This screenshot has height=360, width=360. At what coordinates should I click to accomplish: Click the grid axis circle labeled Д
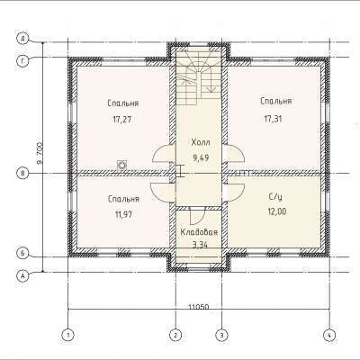pos(22,39)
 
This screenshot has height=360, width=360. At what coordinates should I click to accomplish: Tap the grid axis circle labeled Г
pos(22,61)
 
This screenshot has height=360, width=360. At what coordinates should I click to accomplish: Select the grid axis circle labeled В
pos(22,174)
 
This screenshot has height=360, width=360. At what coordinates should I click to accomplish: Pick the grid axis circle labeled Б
pos(22,253)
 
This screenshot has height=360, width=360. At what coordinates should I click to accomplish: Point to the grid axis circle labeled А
pos(22,275)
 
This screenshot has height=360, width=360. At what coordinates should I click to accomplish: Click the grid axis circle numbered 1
pos(68,335)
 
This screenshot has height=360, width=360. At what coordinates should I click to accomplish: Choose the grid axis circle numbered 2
pos(175,335)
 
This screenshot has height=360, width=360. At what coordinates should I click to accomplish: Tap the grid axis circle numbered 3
pos(222,335)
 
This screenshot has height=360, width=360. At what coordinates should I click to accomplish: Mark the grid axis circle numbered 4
pos(329,335)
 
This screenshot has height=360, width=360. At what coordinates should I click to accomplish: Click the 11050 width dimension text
pos(199,307)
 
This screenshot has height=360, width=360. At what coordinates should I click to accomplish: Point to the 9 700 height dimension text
pos(40,153)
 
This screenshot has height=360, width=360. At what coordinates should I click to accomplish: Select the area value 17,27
pos(122,120)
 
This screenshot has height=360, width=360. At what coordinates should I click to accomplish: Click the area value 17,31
pos(273,119)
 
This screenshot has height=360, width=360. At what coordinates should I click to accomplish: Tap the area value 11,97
pos(123,214)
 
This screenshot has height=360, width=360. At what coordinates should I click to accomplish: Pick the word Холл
pos(201,142)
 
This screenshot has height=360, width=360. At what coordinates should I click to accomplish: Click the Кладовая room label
pos(199,232)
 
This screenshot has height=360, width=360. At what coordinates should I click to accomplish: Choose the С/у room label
pos(275,197)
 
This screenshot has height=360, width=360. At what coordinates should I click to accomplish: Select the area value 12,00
pos(277,211)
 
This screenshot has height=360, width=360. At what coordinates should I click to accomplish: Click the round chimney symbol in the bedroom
pos(121,165)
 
